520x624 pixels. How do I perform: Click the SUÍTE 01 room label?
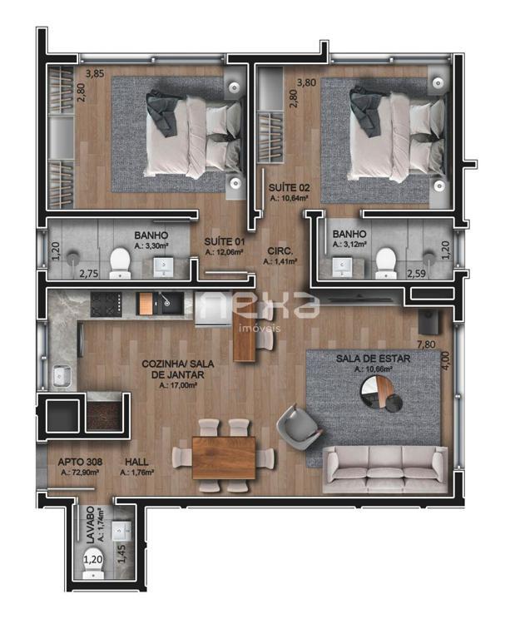pyautogui.click(x=225, y=241)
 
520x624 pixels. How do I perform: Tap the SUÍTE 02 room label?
pyautogui.click(x=290, y=188)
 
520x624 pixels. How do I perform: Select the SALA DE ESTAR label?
pyautogui.click(x=373, y=359)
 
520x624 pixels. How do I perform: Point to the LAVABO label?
pyautogui.click(x=91, y=525)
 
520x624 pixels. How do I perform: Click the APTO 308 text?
pyautogui.click(x=80, y=462)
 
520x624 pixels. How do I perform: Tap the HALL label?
pyautogui.click(x=136, y=462)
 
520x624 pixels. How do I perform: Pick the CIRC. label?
pyautogui.click(x=280, y=251)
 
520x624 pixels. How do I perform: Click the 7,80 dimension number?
pyautogui.click(x=426, y=344)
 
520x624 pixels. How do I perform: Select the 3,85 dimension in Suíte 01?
pyautogui.click(x=95, y=73)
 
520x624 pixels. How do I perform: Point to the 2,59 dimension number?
pyautogui.click(x=416, y=274)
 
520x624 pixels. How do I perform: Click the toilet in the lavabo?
pyautogui.click(x=93, y=564)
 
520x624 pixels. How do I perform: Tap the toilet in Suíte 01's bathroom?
pyautogui.click(x=120, y=264)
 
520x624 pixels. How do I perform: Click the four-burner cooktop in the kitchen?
pyautogui.click(x=106, y=305)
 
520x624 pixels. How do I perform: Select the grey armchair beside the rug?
pyautogui.click(x=300, y=427)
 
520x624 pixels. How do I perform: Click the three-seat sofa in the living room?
pyautogui.click(x=385, y=469)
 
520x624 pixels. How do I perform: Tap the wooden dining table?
pyautogui.click(x=224, y=458)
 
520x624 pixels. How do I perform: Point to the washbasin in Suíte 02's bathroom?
pyautogui.click(x=342, y=267)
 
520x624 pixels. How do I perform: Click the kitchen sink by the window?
pyautogui.click(x=62, y=376)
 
